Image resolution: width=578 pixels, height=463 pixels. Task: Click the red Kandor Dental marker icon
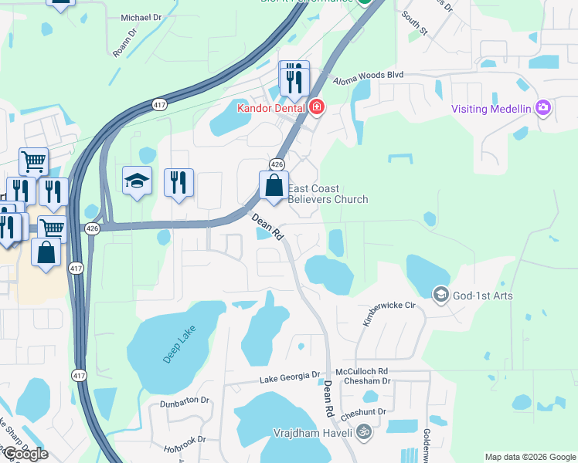[316, 107]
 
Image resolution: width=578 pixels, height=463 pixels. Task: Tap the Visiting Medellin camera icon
[543, 108]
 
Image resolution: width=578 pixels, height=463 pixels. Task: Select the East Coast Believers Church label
[328, 194]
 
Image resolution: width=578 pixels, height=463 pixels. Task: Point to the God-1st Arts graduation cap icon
[440, 295]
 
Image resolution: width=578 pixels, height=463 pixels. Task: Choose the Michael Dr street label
[142, 17]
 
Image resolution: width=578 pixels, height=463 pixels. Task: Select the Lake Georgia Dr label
[290, 377]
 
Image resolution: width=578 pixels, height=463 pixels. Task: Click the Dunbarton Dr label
[185, 401]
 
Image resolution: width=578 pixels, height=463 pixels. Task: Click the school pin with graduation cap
[137, 181]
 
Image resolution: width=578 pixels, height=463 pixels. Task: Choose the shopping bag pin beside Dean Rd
[274, 186]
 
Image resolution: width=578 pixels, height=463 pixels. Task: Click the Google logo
[25, 454]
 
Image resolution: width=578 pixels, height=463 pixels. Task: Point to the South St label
[414, 25]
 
